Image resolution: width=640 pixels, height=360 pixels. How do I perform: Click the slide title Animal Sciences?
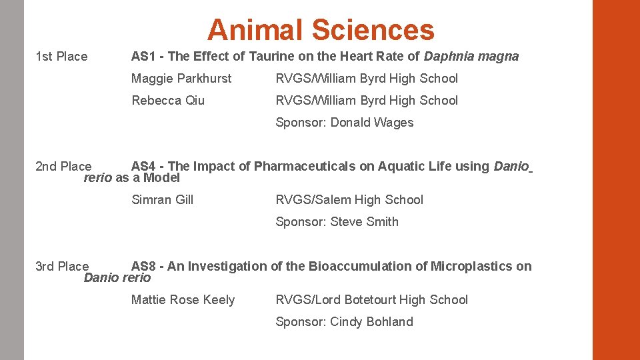pyautogui.click(x=321, y=30)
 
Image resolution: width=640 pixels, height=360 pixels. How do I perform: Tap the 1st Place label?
pyautogui.click(x=61, y=57)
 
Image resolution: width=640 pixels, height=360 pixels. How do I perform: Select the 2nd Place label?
pyautogui.click(x=63, y=167)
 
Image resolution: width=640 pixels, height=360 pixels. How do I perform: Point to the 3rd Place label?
pyautogui.click(x=62, y=267)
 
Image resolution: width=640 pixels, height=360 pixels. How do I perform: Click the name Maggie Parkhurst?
pyautogui.click(x=181, y=79)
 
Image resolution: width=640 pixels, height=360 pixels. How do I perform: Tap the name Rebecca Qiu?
pyautogui.click(x=168, y=101)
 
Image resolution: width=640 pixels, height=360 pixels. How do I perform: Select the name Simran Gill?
pyautogui.click(x=163, y=200)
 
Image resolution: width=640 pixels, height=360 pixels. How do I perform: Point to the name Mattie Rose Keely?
pyautogui.click(x=183, y=300)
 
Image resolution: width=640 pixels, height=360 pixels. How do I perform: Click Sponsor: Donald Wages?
pyautogui.click(x=345, y=123)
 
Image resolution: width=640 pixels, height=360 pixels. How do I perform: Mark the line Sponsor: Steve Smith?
pyautogui.click(x=337, y=222)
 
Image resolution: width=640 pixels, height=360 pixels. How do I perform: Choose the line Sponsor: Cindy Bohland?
pyautogui.click(x=345, y=322)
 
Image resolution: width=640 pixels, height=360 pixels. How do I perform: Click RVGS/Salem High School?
pyautogui.click(x=349, y=200)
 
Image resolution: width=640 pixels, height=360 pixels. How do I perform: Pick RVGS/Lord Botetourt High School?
pyautogui.click(x=372, y=300)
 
